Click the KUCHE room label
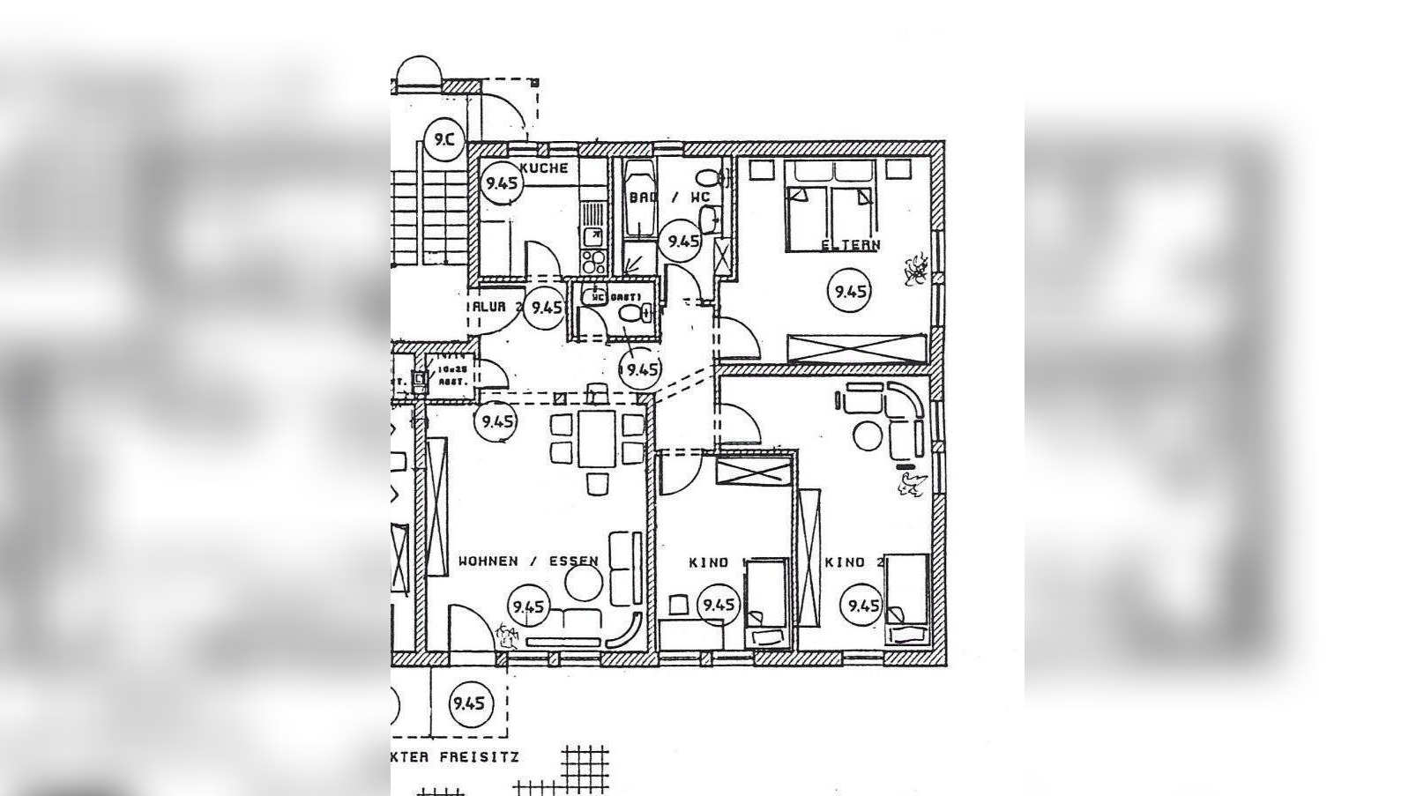pos(544,168)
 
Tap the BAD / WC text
pos(669,197)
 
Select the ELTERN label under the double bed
pos(850,245)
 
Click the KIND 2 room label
pos(854,562)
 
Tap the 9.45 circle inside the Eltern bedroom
pos(850,291)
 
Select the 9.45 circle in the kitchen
pos(502,183)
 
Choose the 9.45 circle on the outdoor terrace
pos(468,703)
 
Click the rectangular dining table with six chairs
pos(598,439)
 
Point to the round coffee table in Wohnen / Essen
pos(583,583)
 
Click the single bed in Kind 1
pos(766,605)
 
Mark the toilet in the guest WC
pos(630,312)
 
